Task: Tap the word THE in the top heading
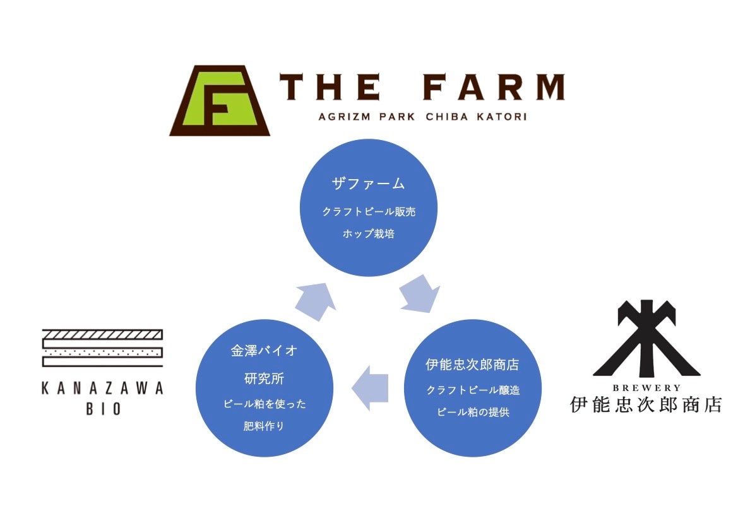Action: [331, 88]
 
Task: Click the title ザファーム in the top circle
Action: [369, 184]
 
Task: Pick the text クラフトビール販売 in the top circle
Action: [369, 212]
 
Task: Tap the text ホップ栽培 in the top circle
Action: [369, 233]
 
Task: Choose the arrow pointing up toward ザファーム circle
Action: [316, 299]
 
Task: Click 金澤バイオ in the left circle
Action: [265, 352]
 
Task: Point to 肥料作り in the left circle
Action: [265, 426]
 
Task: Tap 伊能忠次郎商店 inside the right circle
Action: [473, 365]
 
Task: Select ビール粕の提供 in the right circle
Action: [473, 413]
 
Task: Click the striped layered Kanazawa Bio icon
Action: [102, 348]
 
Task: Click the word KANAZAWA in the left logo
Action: [102, 389]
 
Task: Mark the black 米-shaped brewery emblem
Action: [646, 339]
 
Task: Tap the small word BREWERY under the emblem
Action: [646, 388]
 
